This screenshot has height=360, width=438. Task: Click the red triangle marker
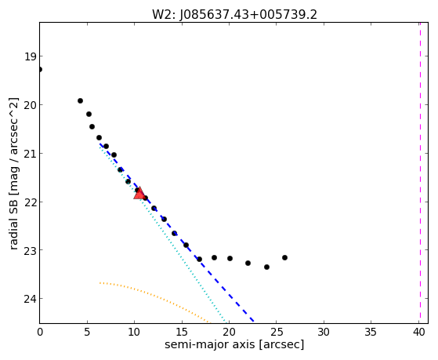(x=139, y=193)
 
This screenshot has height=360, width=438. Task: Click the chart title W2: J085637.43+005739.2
(x=234, y=15)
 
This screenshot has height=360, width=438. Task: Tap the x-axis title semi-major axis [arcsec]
(x=234, y=344)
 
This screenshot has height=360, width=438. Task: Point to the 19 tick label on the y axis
(x=31, y=56)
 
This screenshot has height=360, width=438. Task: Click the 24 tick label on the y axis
(x=31, y=299)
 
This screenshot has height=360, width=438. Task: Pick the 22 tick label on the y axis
(x=31, y=202)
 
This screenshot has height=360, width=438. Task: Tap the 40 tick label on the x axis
(x=418, y=332)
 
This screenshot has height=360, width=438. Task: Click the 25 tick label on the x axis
(x=276, y=332)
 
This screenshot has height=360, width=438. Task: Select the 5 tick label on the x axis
(x=87, y=332)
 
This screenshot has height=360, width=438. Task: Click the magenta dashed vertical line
(x=420, y=173)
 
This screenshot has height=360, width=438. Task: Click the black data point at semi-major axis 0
(x=40, y=69)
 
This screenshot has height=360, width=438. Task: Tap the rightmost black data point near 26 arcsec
(x=284, y=257)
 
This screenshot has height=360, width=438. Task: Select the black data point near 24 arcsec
(x=266, y=267)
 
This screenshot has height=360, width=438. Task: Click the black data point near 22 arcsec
(x=248, y=264)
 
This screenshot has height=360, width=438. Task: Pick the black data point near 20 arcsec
(x=230, y=259)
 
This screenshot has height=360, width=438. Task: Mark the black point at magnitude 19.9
(x=80, y=100)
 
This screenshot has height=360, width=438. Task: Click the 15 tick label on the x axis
(x=182, y=332)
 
